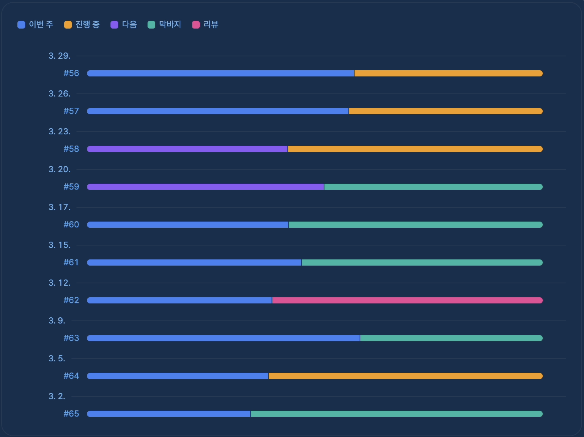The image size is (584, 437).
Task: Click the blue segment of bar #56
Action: (x=220, y=73)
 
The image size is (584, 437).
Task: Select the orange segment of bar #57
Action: (x=446, y=111)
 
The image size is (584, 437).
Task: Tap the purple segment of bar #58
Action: (x=187, y=149)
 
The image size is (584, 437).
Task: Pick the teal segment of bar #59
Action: (x=433, y=187)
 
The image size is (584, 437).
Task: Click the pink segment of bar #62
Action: (x=407, y=300)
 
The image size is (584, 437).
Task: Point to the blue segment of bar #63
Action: (x=224, y=338)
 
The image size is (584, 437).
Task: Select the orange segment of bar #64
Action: (x=406, y=376)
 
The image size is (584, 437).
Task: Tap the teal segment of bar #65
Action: (x=397, y=414)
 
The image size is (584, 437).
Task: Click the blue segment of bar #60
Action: (x=188, y=225)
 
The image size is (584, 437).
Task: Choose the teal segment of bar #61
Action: (x=422, y=263)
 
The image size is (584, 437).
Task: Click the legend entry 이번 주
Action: (x=36, y=25)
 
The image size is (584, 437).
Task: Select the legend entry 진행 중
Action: (x=82, y=25)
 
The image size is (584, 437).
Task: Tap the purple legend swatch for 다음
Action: (x=114, y=25)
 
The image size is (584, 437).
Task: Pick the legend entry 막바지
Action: (x=165, y=25)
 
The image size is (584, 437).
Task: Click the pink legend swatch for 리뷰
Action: (x=196, y=25)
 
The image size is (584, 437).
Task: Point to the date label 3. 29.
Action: (x=59, y=56)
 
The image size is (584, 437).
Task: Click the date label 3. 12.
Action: (x=59, y=283)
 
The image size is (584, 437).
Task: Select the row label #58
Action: (x=71, y=149)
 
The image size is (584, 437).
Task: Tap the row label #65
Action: (x=71, y=413)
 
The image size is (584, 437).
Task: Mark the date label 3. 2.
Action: (x=57, y=396)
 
